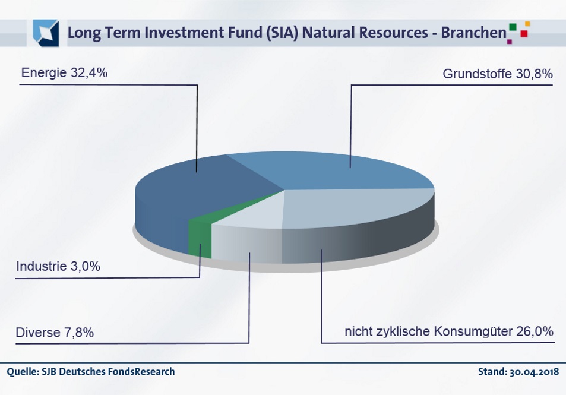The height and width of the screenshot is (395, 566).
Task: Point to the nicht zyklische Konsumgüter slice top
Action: pos(346,208)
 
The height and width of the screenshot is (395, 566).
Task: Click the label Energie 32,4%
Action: pos(64,73)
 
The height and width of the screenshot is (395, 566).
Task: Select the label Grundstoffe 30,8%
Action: pos(498,74)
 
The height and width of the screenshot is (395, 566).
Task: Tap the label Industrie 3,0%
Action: pos(58,267)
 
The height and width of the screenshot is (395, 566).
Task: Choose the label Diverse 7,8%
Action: pos(55,333)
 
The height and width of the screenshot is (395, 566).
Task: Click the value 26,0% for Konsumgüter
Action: pos(535,331)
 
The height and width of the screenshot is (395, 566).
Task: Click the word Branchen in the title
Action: pos(473,33)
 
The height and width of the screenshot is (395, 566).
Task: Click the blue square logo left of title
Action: pos(46,33)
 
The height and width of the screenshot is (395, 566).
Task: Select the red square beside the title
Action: pos(524,34)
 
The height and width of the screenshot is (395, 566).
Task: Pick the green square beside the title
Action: pos(513,27)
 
